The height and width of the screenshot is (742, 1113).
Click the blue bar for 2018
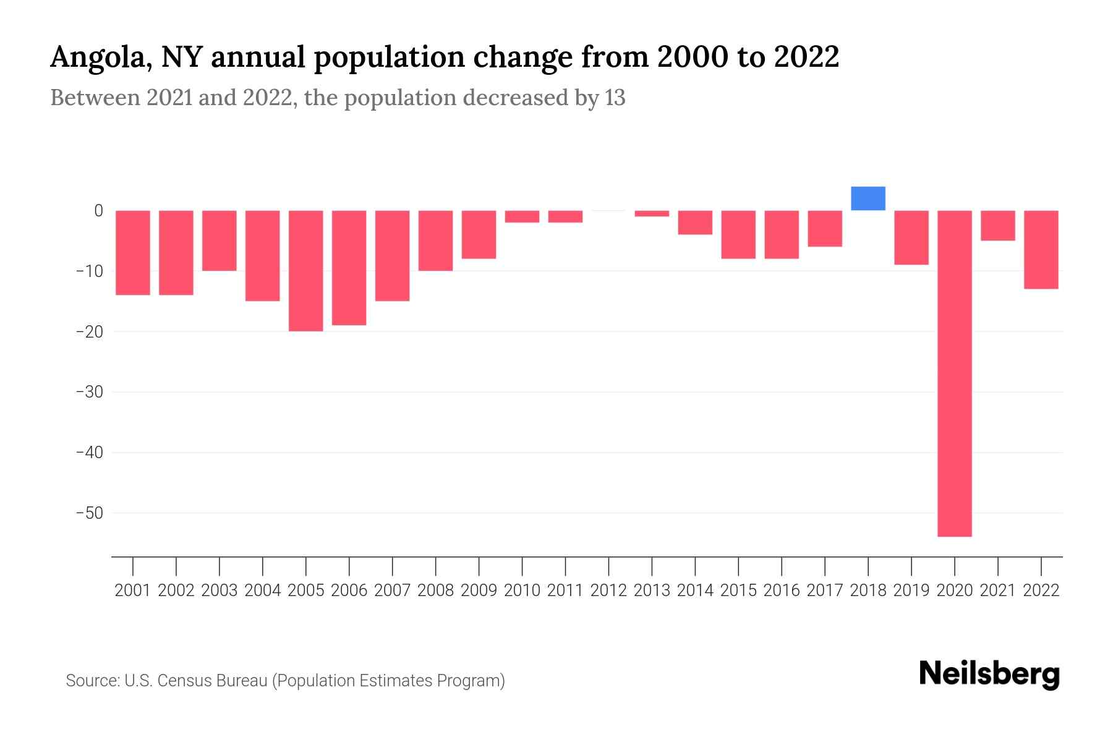[868, 198]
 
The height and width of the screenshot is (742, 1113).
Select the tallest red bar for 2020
[955, 373]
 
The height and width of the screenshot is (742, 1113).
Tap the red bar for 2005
[306, 271]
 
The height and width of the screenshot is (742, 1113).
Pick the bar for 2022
[1041, 250]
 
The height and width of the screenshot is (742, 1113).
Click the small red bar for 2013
[652, 213]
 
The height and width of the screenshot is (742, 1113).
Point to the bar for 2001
[133, 253]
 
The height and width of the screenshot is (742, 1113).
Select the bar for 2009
[479, 234]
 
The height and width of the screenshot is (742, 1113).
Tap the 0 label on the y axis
[98, 211]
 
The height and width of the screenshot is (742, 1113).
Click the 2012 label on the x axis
[608, 591]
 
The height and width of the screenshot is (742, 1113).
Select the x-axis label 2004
[263, 591]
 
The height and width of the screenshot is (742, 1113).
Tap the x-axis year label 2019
[911, 591]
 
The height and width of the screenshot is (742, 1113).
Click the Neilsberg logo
[989, 674]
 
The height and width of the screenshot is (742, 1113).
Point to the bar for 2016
[782, 234]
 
